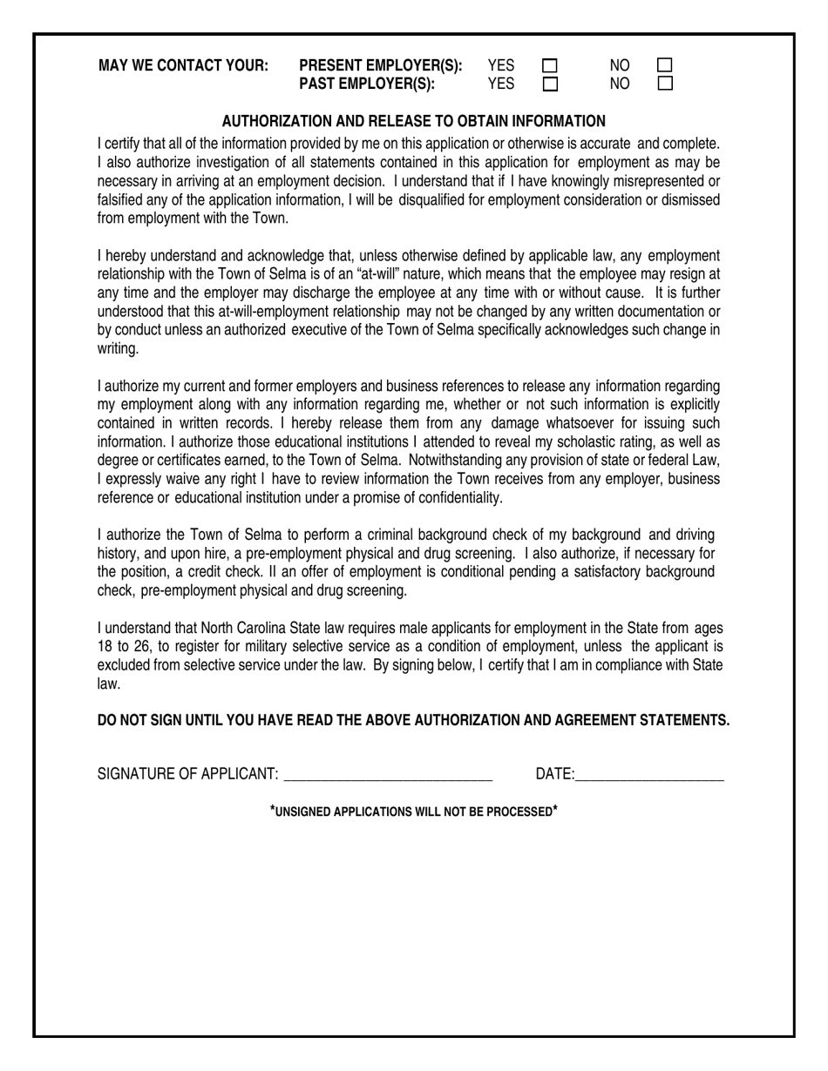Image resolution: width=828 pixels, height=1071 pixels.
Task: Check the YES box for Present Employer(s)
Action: (550, 66)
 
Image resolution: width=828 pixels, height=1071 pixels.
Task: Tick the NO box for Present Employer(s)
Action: (665, 66)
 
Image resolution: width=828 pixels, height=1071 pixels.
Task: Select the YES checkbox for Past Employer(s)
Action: (550, 84)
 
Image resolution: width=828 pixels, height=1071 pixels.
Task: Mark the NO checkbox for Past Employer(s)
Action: (665, 84)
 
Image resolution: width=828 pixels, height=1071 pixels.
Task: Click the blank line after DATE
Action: (649, 775)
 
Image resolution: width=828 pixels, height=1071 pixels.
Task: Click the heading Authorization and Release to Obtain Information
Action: (413, 121)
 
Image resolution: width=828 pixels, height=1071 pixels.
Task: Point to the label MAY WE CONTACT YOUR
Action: (183, 66)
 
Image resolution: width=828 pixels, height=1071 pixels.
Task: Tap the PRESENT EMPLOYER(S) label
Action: (380, 66)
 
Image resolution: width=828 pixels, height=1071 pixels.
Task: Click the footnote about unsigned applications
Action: (413, 812)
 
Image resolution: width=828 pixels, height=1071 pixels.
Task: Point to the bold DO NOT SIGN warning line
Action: (413, 720)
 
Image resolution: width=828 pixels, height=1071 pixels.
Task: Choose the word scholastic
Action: (578, 442)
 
